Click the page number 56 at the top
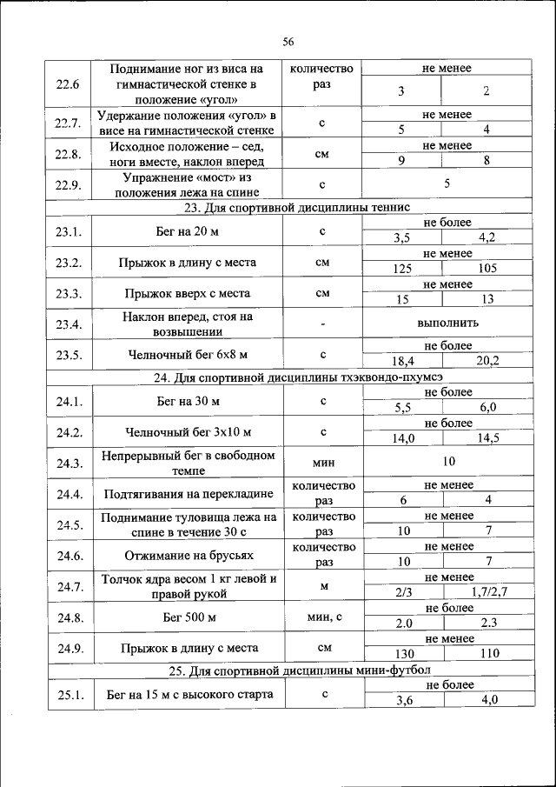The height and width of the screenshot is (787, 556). pos(288,42)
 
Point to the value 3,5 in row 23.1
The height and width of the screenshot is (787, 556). pos(401,237)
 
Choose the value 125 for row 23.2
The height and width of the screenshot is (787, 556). pos(401,269)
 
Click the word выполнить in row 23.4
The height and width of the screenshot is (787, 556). pos(447,323)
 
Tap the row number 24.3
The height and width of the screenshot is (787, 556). pos(69,464)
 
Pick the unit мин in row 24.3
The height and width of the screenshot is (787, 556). pos(323,463)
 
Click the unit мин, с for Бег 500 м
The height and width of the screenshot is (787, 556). pos(323,617)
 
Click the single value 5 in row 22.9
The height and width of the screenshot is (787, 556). pos(447,184)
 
